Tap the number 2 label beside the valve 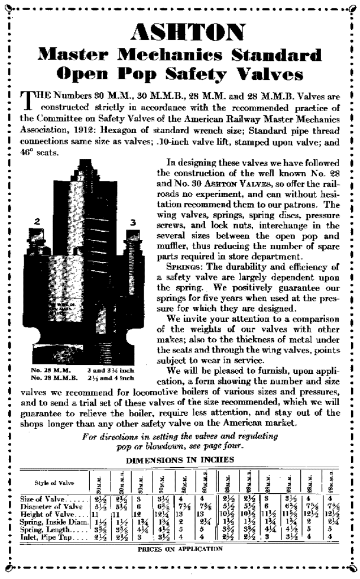(x=37, y=221)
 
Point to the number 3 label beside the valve (x=133, y=222)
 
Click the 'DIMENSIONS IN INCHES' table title (x=180, y=460)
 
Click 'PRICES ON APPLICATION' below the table (x=180, y=548)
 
